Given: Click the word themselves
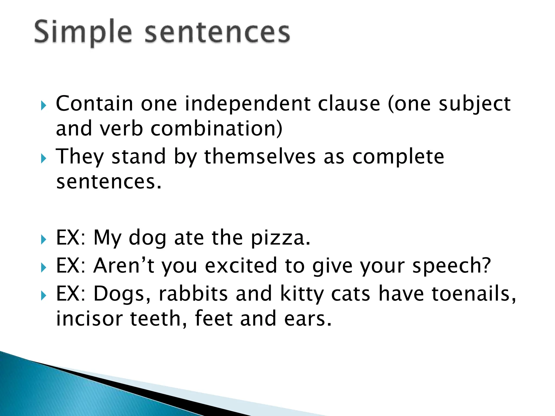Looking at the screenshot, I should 260,157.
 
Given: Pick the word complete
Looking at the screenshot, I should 398,157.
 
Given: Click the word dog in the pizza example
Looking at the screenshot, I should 147,238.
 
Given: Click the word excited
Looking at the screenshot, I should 241,266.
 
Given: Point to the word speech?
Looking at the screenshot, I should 451,266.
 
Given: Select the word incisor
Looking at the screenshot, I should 89,319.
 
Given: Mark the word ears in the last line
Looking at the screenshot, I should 308,319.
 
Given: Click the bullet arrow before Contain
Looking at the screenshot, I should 44,105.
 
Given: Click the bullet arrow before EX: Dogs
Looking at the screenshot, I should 44,295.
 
